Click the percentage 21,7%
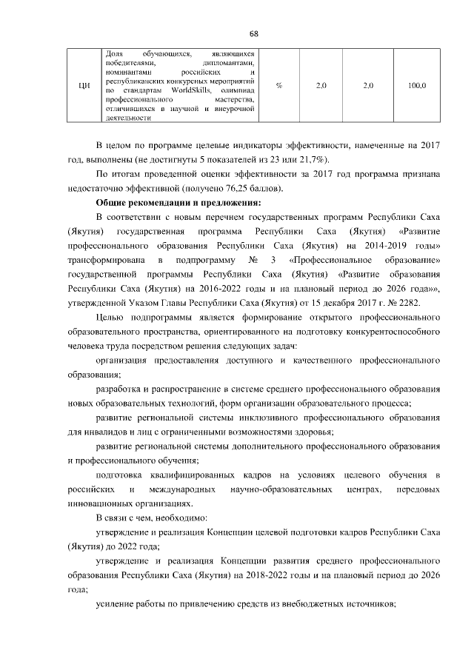tap(314, 159)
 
